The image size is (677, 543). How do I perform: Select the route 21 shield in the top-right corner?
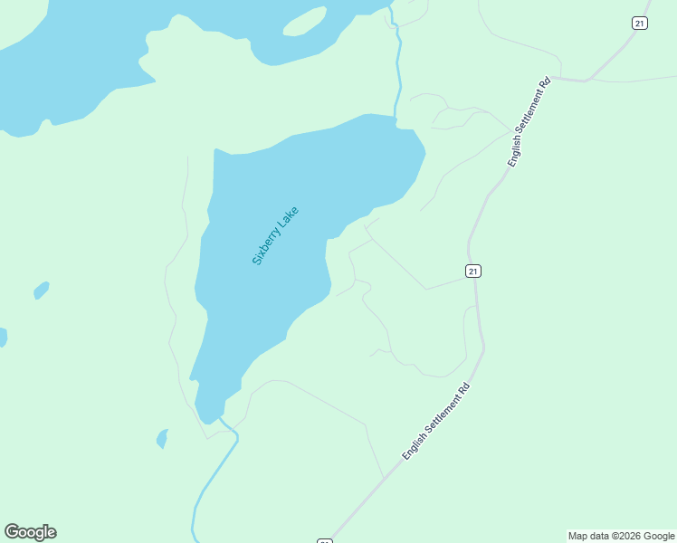(640, 24)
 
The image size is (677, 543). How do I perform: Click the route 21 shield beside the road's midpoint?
(473, 271)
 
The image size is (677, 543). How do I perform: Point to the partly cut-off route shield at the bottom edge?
(325, 540)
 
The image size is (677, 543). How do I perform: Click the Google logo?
(31, 532)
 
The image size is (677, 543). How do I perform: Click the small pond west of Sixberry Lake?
(41, 291)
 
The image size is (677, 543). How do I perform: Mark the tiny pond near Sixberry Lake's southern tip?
(162, 439)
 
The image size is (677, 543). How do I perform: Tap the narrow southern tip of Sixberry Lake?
(209, 412)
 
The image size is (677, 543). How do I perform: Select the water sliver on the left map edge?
(3, 337)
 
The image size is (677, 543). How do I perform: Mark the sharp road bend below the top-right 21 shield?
(586, 81)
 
